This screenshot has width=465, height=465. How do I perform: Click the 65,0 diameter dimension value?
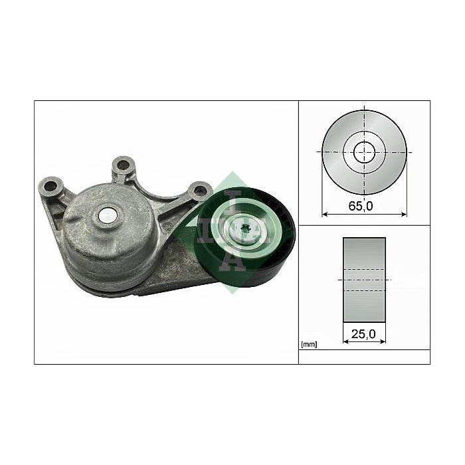(x=360, y=206)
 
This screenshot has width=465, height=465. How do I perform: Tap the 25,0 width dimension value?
(x=363, y=334)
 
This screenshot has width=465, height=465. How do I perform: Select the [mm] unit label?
(x=309, y=345)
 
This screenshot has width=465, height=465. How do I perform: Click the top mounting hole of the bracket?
(x=122, y=165)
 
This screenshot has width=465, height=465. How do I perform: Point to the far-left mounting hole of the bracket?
(x=50, y=187)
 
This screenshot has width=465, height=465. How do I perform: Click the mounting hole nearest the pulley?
(x=199, y=191)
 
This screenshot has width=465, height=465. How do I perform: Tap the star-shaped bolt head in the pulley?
(x=245, y=230)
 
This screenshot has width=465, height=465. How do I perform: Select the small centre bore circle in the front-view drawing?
(x=364, y=152)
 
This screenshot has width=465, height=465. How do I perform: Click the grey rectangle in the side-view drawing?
(x=364, y=280)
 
